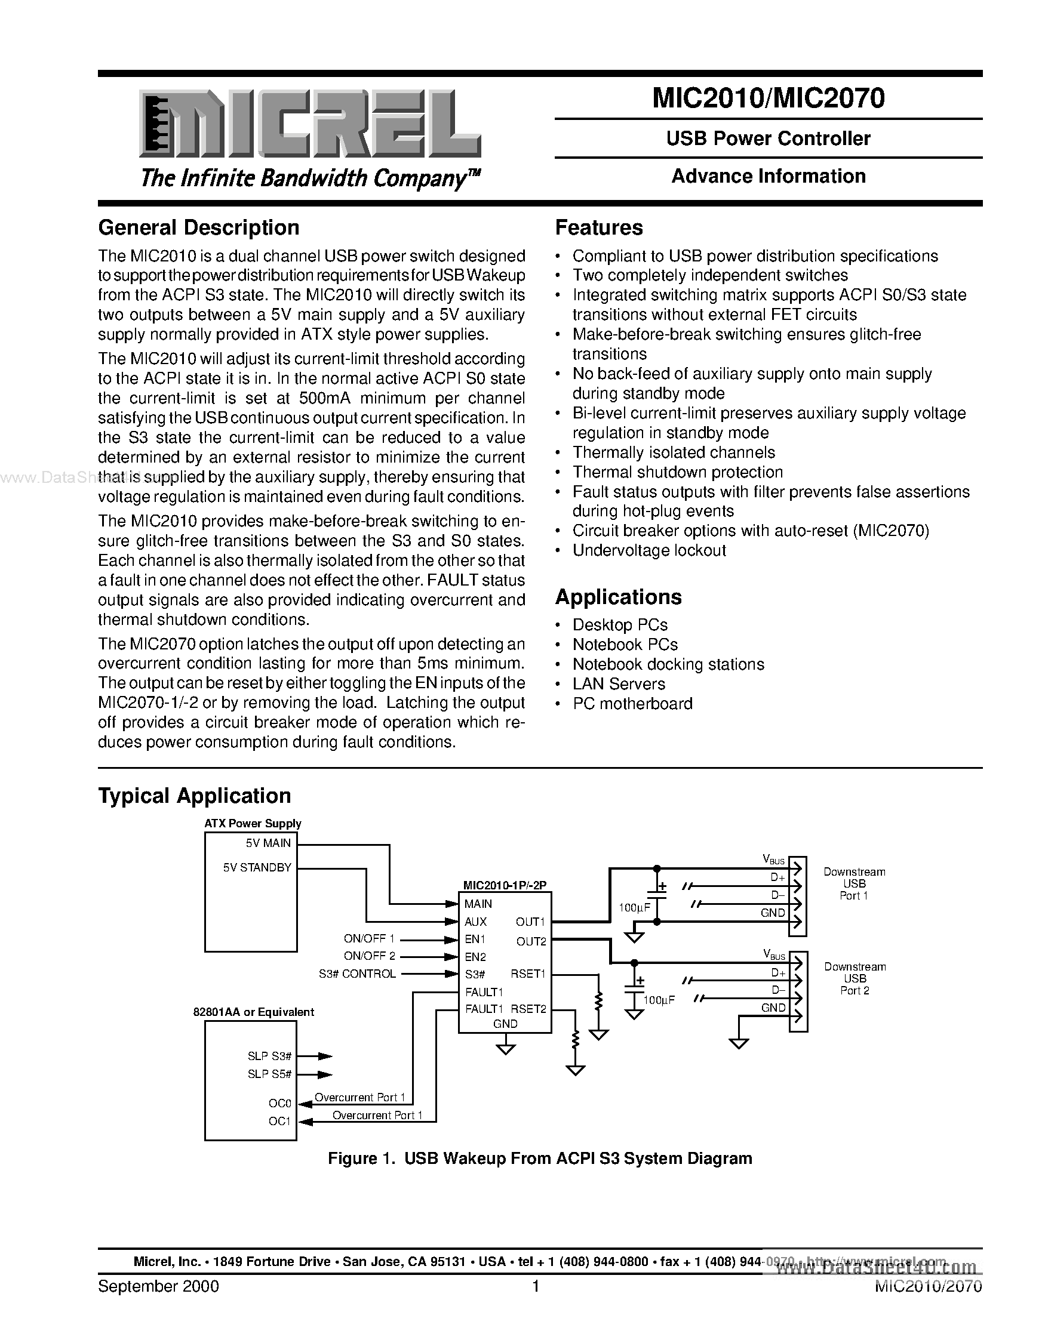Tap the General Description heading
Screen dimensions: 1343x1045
[199, 228]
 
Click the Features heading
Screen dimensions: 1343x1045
[598, 228]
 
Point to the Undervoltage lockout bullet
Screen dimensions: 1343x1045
[649, 550]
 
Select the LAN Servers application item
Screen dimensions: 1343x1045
[618, 684]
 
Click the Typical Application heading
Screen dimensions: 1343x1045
[194, 796]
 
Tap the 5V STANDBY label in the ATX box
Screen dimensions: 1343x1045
[257, 868]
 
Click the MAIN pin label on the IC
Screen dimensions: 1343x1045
[478, 903]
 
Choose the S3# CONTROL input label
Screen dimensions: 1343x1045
[356, 974]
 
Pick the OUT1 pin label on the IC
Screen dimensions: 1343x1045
[530, 922]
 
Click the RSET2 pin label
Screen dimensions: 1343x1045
[528, 1009]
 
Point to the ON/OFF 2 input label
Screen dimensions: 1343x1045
[369, 956]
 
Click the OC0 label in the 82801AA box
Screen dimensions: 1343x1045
[279, 1103]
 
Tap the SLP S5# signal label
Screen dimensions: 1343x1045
[269, 1074]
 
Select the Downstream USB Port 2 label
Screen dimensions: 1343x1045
[855, 978]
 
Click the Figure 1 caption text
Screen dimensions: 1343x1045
[539, 1159]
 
